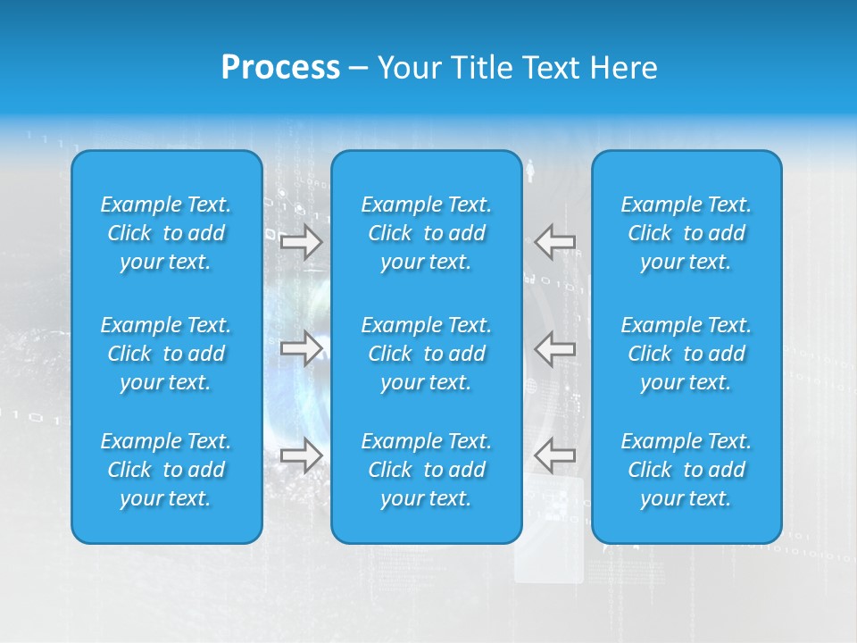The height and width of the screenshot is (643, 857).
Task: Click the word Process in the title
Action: (280, 68)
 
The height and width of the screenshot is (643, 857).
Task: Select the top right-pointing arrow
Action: (301, 242)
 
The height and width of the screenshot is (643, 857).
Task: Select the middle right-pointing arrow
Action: (301, 347)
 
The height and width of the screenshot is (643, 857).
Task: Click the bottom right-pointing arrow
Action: (301, 455)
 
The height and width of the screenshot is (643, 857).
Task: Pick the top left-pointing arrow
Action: (554, 241)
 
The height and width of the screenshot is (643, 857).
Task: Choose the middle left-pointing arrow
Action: (554, 347)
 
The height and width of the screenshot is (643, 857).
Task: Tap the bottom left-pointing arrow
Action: (554, 455)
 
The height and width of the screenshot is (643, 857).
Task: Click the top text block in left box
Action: (166, 233)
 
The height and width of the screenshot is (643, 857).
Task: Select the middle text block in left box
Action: (166, 354)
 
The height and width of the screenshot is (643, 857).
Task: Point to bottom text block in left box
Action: (166, 470)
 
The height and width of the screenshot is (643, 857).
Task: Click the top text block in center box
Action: (426, 233)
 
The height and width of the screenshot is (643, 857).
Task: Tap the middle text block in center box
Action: (426, 354)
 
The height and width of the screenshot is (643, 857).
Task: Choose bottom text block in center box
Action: (426, 470)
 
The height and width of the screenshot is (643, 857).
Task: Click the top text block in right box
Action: (686, 233)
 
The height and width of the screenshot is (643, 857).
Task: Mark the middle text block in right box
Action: (686, 354)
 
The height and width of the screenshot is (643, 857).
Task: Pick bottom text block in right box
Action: (686, 470)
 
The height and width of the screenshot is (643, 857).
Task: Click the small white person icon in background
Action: (530, 170)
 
